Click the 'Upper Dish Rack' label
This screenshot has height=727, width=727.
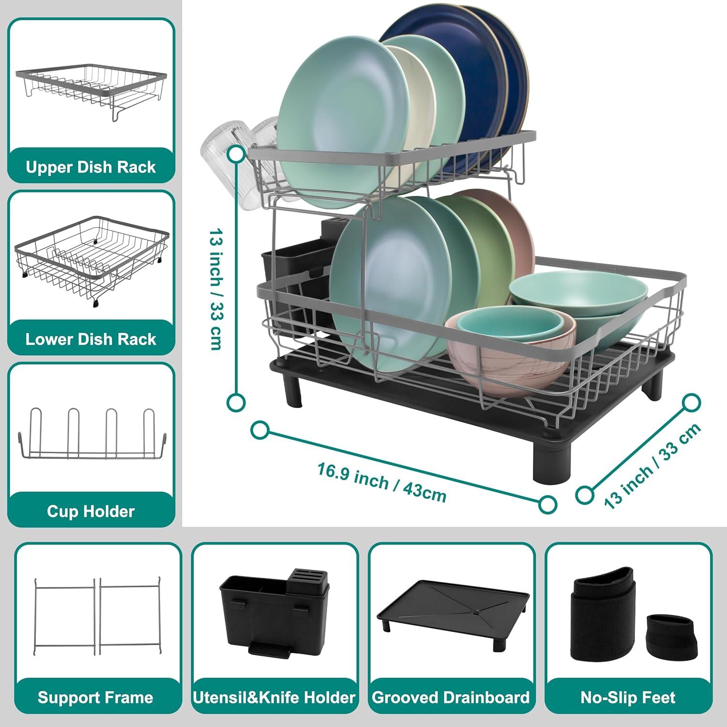pos(91,167)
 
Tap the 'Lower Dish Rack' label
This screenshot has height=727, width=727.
pos(91,339)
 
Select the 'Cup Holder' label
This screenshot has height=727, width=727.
pos(91,511)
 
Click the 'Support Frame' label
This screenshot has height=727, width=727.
pos(95,697)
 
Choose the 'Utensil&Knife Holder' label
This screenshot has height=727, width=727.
pos(274,697)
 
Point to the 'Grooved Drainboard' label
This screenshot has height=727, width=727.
pos(451,697)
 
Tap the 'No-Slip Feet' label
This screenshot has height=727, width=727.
pos(628,697)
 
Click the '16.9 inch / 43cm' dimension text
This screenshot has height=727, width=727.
pos(381,483)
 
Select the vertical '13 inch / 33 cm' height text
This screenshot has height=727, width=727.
pos(216,288)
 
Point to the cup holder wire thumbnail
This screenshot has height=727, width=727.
pos(92,434)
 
